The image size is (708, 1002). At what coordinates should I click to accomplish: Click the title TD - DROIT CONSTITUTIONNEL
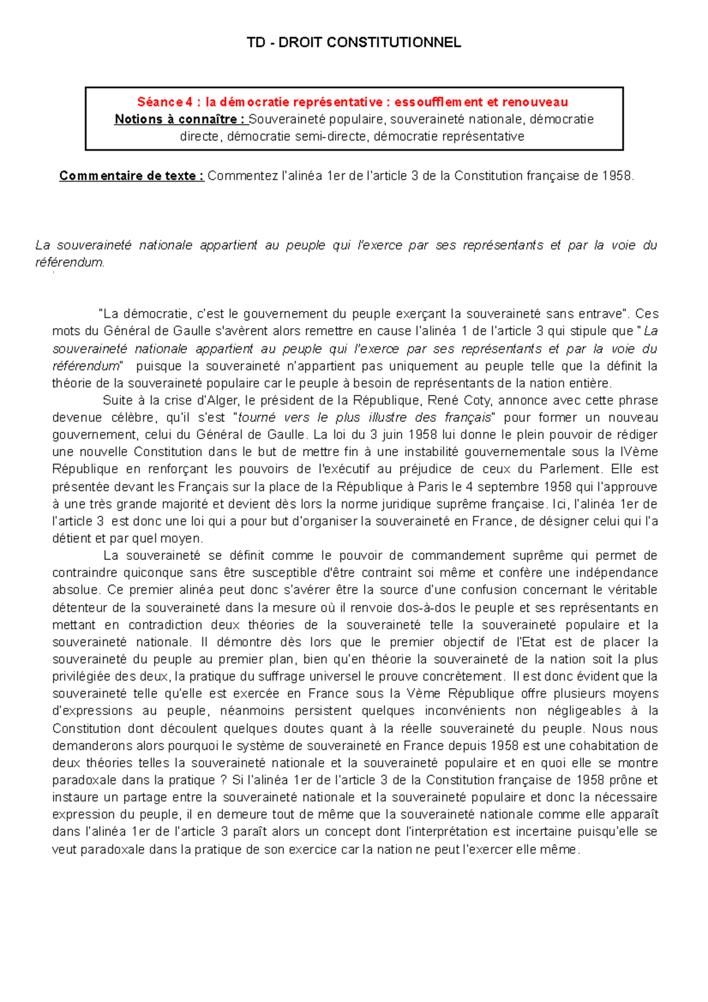pos(353,42)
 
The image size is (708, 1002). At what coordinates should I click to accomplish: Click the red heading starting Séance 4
pos(352,102)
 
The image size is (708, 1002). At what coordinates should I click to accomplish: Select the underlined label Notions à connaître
pos(180,119)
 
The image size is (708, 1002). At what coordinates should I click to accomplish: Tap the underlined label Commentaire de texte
pos(132,176)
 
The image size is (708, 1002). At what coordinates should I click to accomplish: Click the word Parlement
pos(571,469)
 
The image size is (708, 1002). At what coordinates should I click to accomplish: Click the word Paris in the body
pos(433,487)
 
